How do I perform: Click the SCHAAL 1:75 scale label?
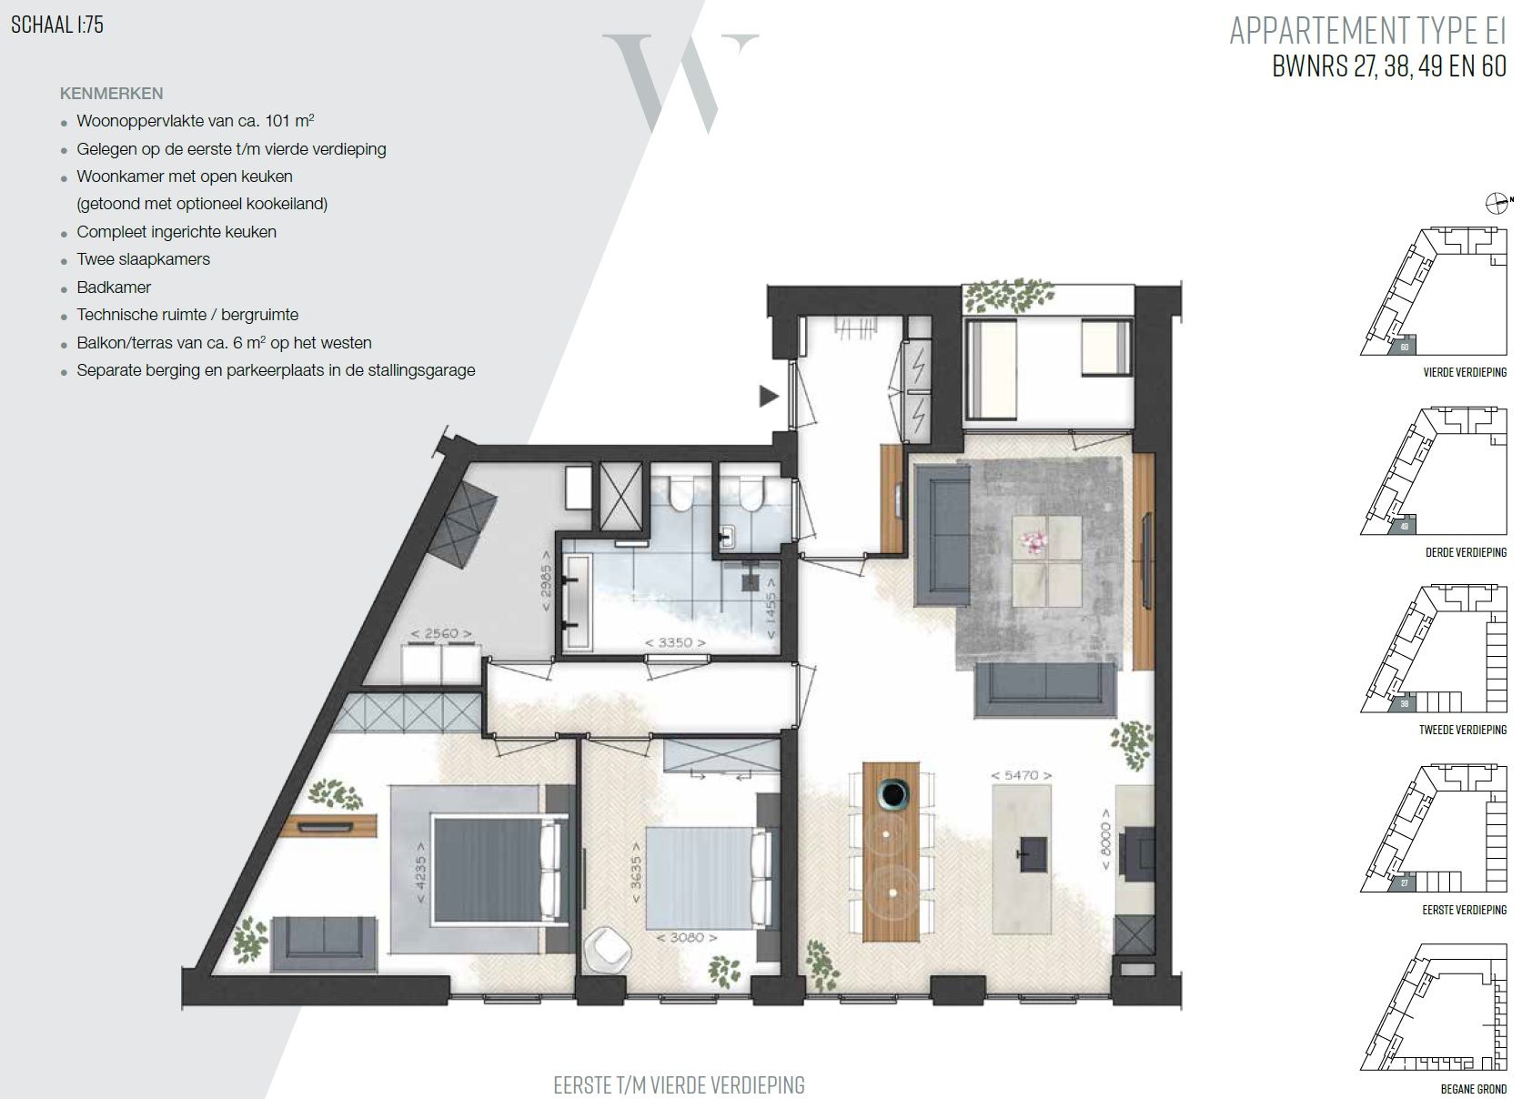point(56,25)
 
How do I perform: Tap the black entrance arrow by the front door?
point(770,396)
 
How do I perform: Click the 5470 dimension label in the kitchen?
point(1022,775)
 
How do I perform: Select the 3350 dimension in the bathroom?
point(669,642)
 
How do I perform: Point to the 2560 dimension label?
point(440,633)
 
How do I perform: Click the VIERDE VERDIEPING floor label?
point(1464,372)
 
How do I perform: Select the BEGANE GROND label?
point(1474,1089)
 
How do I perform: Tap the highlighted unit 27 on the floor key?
point(1404,882)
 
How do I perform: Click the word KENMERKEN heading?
point(111,94)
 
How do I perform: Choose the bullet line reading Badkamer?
point(114,287)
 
